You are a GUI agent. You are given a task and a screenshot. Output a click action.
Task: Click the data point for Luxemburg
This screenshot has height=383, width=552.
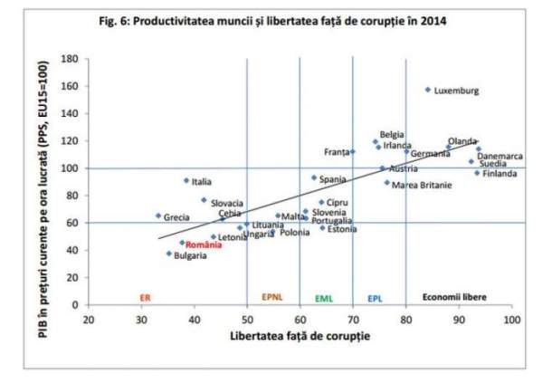[x=428, y=90]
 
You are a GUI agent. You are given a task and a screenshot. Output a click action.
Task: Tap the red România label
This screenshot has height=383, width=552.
[x=204, y=244]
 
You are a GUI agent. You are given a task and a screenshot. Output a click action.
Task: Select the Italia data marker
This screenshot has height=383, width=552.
[x=186, y=180]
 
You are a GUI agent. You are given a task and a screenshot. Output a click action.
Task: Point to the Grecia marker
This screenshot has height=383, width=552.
[x=157, y=215]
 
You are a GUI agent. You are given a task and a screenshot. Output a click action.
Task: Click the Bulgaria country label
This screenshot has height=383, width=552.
[x=190, y=255]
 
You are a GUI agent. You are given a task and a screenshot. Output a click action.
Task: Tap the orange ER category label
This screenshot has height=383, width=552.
[x=145, y=297]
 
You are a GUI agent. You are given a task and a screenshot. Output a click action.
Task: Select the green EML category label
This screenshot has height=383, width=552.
[x=324, y=297]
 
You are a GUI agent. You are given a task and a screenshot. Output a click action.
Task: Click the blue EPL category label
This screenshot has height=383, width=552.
[x=375, y=297]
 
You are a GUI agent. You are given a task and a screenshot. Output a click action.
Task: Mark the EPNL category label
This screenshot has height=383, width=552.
[x=273, y=297]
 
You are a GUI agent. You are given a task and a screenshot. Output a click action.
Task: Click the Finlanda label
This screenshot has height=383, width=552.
[x=499, y=173]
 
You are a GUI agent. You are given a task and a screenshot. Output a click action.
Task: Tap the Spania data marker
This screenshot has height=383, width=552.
[x=313, y=177]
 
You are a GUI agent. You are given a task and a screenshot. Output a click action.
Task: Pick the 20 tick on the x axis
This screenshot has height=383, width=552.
[x=88, y=320]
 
